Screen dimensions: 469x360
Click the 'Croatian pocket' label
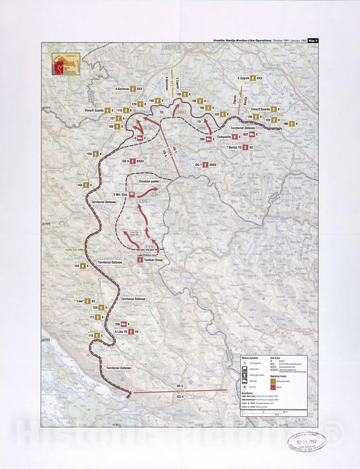pyautogui.click(x=149, y=182)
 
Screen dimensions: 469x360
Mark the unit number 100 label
pyautogui.click(x=286, y=124)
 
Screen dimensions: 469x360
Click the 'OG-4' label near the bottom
pyautogui.click(x=180, y=397)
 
